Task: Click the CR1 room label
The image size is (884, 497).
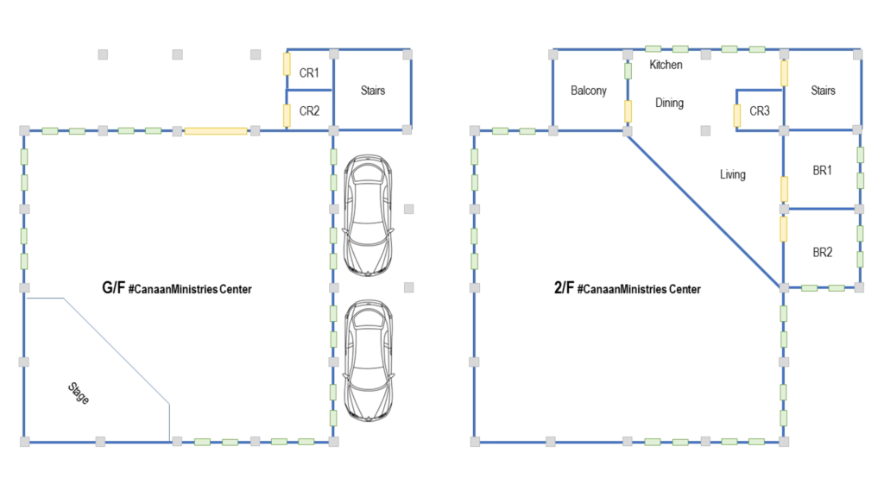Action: [x=309, y=73]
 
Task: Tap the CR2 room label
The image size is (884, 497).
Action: [x=309, y=110]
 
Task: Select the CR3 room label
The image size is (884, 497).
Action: [x=760, y=111]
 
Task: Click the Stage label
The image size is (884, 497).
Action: [x=79, y=393]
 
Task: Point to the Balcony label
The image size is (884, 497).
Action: [x=589, y=91]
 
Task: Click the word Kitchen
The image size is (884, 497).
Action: [x=666, y=65]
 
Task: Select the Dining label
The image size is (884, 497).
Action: [x=669, y=103]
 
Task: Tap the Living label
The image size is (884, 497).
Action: [x=732, y=174]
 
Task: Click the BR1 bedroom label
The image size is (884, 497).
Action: [x=823, y=172]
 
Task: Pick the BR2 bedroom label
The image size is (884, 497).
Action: [x=823, y=253]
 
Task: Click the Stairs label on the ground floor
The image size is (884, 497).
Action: [x=372, y=91]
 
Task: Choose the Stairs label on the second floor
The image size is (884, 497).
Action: [x=824, y=91]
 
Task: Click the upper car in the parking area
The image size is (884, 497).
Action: [x=369, y=216]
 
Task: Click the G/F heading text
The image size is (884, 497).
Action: [x=114, y=288]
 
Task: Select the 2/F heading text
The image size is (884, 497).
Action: [x=565, y=288]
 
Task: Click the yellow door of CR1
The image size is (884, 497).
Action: [x=287, y=64]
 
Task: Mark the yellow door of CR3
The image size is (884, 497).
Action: [x=736, y=116]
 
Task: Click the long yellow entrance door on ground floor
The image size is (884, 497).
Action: [x=216, y=131]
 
